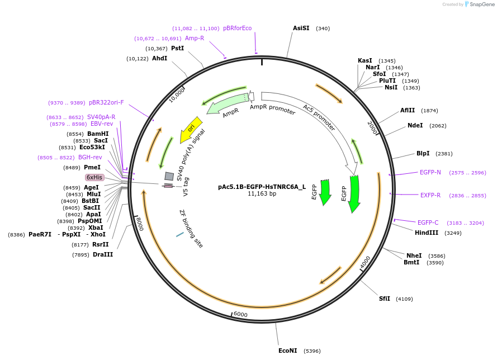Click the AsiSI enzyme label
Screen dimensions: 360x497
click(301, 28)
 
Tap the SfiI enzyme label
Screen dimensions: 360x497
click(385, 299)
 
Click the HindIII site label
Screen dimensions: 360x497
click(427, 233)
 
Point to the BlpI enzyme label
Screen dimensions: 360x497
click(423, 153)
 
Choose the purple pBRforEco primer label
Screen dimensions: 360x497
click(237, 28)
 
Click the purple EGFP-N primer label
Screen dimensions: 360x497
click(430, 172)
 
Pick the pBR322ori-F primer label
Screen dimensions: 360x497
click(106, 103)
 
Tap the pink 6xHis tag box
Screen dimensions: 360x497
click(94, 177)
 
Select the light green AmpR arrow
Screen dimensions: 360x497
click(227, 105)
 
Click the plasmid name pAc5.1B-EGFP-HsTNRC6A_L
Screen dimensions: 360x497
click(262, 187)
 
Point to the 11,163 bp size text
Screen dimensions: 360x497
click(262, 194)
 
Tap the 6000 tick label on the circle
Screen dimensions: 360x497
click(240, 314)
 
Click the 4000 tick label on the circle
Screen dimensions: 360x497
click(365, 262)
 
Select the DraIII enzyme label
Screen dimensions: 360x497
click(103, 255)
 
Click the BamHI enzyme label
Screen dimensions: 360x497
click(98, 134)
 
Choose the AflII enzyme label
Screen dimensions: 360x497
click(408, 110)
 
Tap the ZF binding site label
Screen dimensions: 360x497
click(191, 228)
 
